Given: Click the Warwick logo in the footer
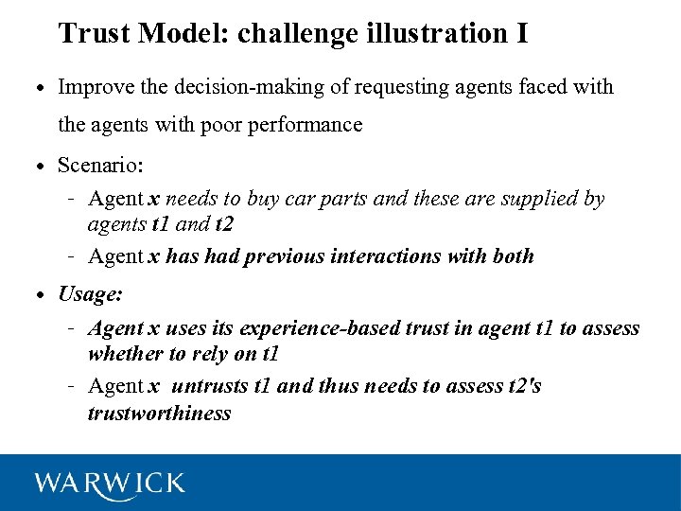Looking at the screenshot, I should (x=110, y=483).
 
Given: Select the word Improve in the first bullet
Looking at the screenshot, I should (x=92, y=87).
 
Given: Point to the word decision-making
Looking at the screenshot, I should (x=241, y=87).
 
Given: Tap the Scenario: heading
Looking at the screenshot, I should (x=100, y=166).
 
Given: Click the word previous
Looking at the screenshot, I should (x=283, y=255).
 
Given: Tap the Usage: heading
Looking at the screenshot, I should (x=90, y=294).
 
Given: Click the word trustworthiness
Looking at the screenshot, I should (x=159, y=413).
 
